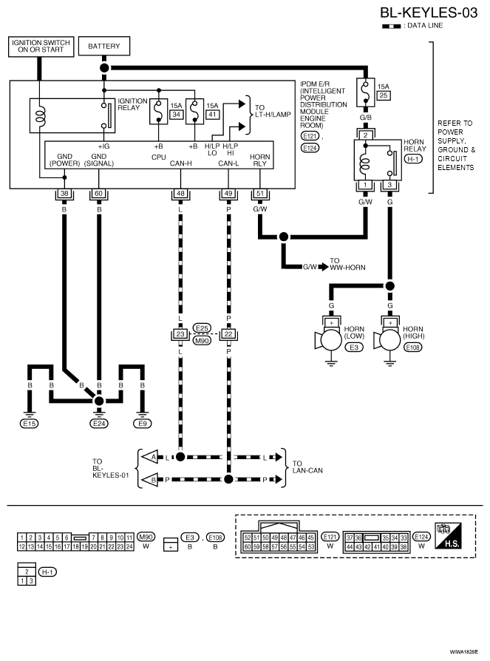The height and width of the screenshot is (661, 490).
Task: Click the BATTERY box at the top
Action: [104, 46]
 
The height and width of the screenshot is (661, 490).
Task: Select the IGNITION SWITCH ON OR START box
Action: [41, 47]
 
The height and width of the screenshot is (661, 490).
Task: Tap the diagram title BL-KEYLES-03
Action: [429, 13]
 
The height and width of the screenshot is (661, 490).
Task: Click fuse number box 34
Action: [176, 115]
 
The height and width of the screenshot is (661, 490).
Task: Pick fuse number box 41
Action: [212, 115]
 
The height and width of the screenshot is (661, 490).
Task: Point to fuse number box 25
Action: [384, 95]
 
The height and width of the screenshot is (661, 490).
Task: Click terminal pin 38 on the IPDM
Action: [64, 194]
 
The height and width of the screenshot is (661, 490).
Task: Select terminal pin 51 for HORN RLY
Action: [260, 194]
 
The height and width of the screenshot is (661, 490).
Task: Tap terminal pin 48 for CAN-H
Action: [180, 194]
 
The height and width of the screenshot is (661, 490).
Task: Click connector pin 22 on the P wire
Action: [228, 334]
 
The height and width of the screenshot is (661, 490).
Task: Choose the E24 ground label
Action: [99, 423]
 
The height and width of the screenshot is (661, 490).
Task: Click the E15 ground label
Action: [30, 423]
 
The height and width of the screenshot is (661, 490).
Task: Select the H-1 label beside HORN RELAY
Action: [413, 159]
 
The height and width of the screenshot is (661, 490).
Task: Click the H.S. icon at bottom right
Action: [449, 535]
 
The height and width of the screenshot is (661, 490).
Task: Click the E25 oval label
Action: [203, 328]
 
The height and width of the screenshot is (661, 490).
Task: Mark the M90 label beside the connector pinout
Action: [146, 537]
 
